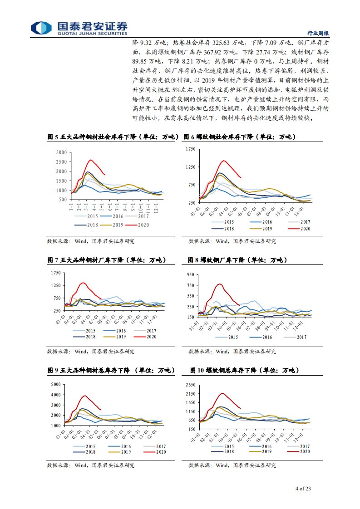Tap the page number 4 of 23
pyautogui.click(x=303, y=489)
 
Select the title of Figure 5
pyautogui.click(x=113, y=137)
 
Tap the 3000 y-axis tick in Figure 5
pyautogui.click(x=61, y=152)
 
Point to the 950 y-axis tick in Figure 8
pyautogui.click(x=190, y=274)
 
